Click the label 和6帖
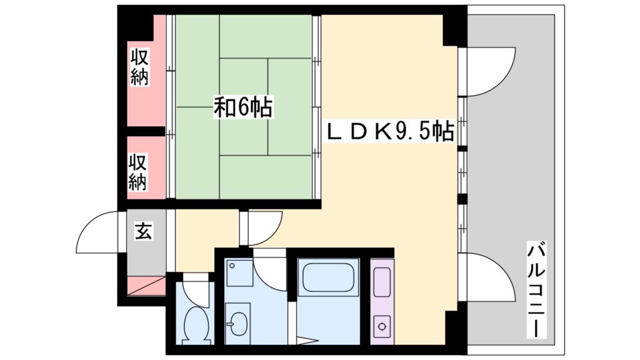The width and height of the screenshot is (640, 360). (243, 107)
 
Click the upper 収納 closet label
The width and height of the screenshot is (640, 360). (139, 67)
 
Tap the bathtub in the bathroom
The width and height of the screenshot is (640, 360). (328, 278)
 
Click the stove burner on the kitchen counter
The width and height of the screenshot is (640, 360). (381, 324)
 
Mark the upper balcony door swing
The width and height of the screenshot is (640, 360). (487, 70)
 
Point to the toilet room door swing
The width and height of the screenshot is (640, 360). (195, 290)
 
